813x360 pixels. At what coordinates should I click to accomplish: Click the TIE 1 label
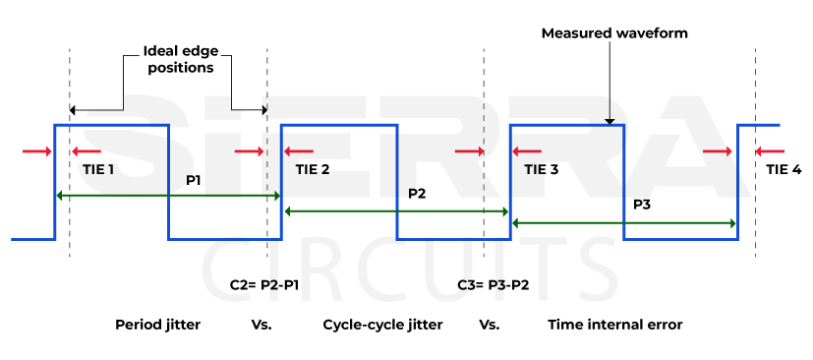pos(97,169)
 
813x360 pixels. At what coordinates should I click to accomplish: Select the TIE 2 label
pos(312,169)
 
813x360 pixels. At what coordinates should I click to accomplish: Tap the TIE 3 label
pos(541,169)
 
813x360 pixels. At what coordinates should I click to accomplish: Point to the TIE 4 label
pos(784,169)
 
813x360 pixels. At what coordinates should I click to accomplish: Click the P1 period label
pos(194,181)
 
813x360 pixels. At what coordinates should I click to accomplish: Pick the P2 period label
pos(417,194)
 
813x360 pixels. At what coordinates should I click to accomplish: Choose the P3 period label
pos(641,205)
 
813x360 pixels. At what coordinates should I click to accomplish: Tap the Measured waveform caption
pos(614,33)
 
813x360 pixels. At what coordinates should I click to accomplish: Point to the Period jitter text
pos(157,324)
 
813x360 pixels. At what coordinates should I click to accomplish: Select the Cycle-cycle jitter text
pos(382,324)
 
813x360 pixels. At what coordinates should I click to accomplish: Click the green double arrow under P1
pos(168,197)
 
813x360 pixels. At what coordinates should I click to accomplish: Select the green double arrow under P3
pos(624,223)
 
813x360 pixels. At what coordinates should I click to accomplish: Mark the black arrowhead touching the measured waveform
pos(610,119)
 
